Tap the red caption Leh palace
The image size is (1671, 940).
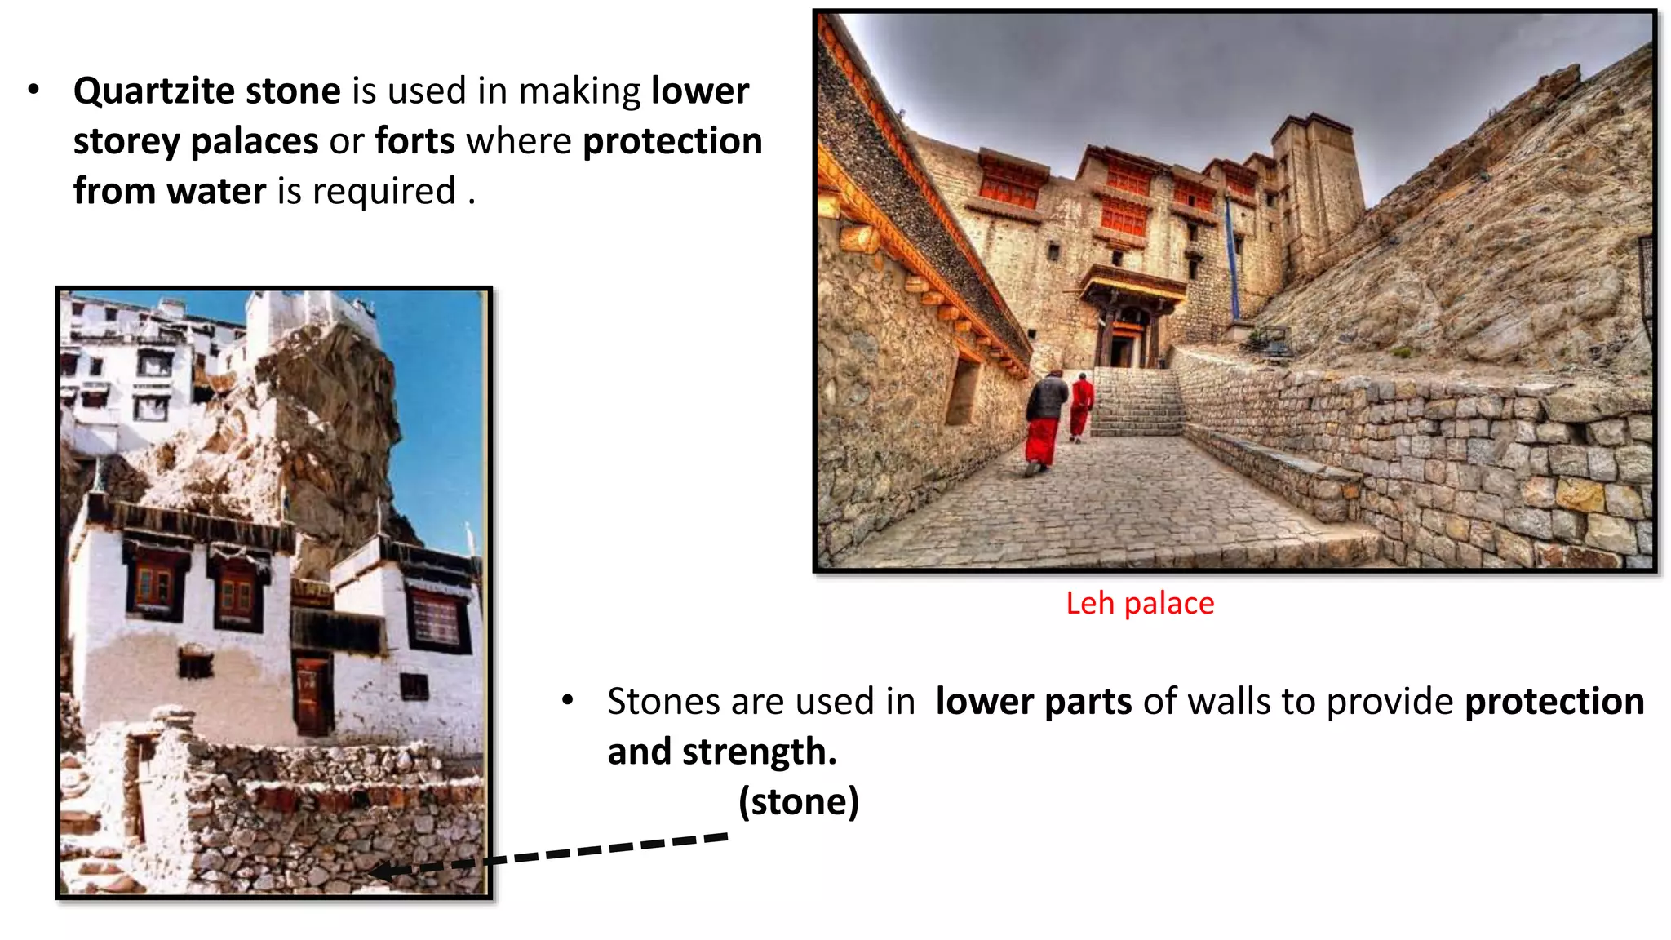pos(1139,603)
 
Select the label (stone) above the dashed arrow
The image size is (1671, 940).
pos(798,801)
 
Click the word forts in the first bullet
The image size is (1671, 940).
pos(414,141)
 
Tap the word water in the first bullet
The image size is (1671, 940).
pos(216,192)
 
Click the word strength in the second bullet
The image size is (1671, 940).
pos(759,752)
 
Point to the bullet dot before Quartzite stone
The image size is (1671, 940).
pos(33,90)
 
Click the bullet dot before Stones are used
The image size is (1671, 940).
pos(568,700)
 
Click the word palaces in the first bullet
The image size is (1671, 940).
pos(254,141)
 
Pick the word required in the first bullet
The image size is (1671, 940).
pos(383,192)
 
